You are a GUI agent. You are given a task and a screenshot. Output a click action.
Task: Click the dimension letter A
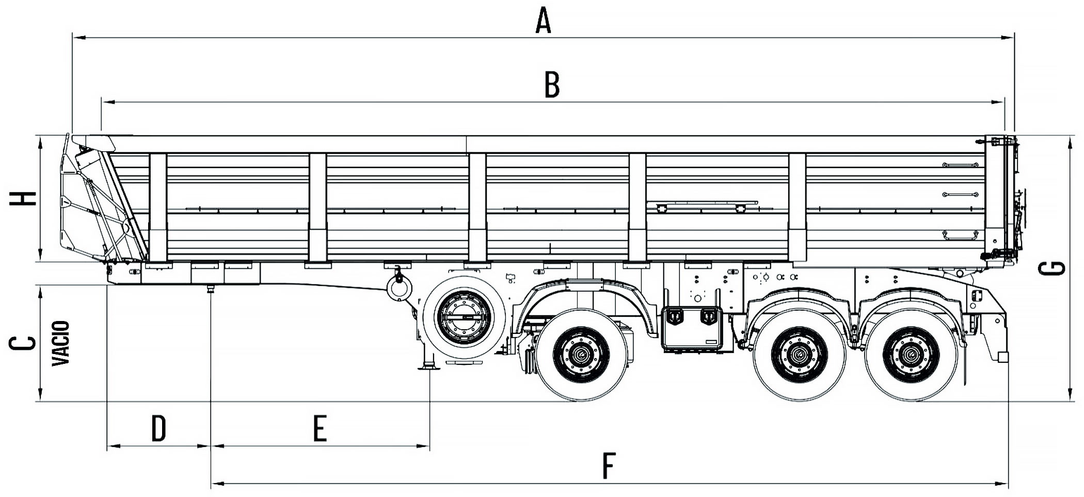click(x=544, y=21)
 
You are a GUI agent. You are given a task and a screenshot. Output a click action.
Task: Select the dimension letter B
click(x=552, y=85)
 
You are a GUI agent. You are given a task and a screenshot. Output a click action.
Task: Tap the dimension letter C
click(x=24, y=343)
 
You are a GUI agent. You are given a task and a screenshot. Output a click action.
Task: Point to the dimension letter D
click(x=158, y=428)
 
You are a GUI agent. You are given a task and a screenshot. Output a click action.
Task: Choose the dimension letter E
click(x=320, y=428)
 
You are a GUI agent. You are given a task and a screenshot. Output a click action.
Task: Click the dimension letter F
click(x=609, y=466)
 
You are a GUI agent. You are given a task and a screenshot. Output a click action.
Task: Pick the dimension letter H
click(x=24, y=198)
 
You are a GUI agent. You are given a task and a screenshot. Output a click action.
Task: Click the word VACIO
click(x=61, y=343)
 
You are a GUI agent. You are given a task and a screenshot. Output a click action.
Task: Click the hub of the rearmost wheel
click(x=910, y=355)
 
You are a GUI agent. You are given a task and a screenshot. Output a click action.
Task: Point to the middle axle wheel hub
click(x=799, y=355)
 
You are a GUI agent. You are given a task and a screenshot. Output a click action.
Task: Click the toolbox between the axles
click(x=692, y=327)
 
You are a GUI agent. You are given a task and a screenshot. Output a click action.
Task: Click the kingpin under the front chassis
click(x=211, y=288)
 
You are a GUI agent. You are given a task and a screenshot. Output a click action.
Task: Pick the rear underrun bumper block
click(x=1002, y=357)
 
